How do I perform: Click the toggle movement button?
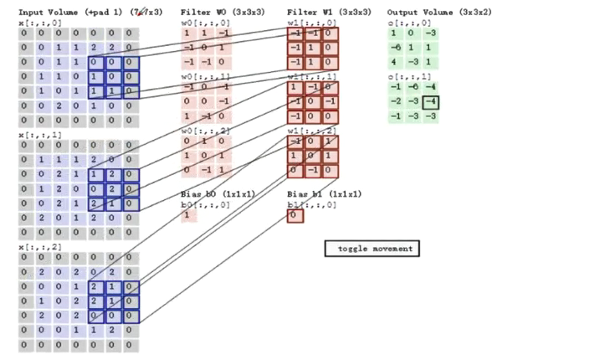[372, 249]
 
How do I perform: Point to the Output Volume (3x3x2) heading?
[433, 13]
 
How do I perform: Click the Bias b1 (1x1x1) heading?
[325, 194]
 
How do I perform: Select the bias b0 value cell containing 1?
[189, 216]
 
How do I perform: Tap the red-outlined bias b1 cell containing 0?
[295, 216]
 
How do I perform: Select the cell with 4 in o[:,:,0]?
[396, 61]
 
